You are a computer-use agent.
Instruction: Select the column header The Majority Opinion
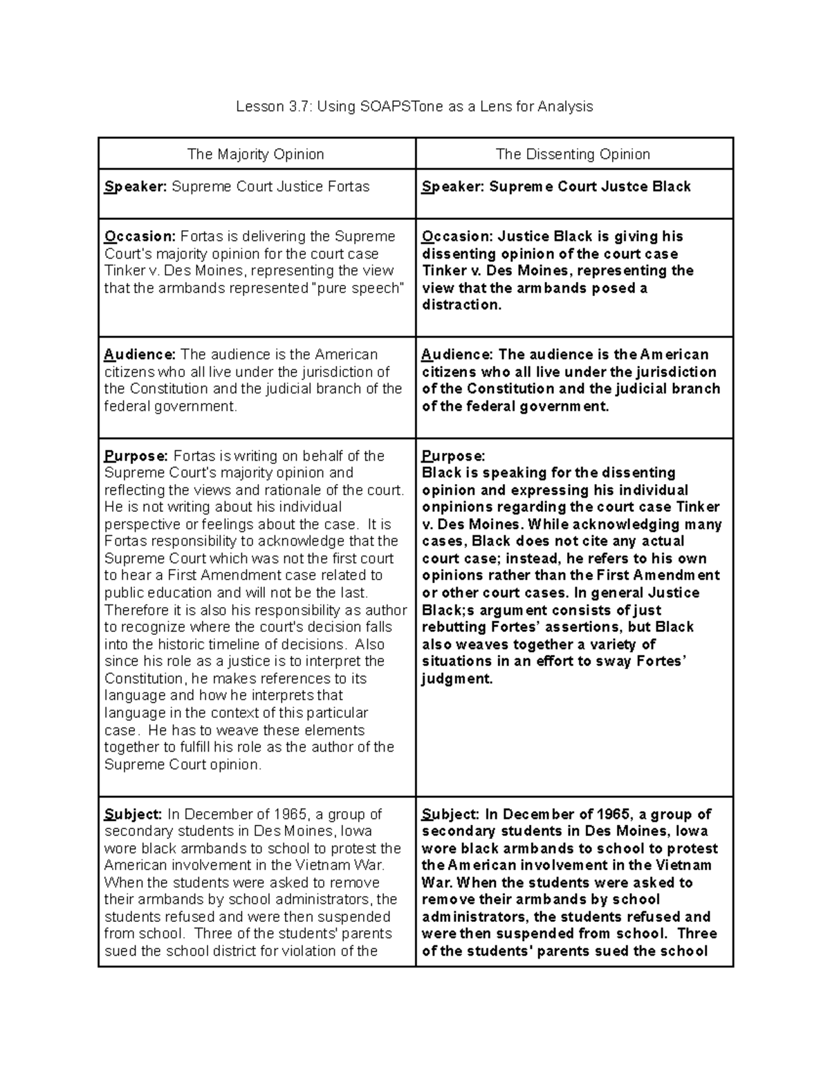(x=256, y=154)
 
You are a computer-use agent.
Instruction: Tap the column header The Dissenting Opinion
(x=573, y=154)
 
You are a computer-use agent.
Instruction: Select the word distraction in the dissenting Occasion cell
(x=460, y=305)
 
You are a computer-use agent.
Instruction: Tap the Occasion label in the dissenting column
(x=457, y=237)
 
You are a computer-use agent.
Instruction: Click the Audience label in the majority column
(x=140, y=355)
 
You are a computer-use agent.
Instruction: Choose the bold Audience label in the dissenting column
(x=457, y=355)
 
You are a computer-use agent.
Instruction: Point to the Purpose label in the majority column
(x=136, y=456)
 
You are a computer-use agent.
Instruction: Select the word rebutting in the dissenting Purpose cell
(x=454, y=627)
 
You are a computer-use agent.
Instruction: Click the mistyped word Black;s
(x=448, y=610)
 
